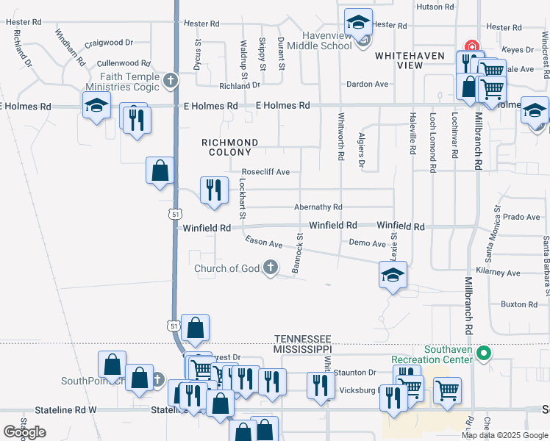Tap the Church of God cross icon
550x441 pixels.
tap(271, 268)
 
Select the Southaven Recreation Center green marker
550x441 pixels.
tap(483, 354)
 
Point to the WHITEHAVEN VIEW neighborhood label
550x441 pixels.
tap(399, 60)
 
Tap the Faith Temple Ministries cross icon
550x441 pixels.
tap(171, 79)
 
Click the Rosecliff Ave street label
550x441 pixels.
tap(265, 172)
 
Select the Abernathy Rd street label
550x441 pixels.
tap(318, 208)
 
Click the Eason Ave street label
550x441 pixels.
tap(264, 243)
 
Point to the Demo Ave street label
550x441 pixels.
tap(367, 243)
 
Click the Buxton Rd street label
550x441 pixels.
tap(519, 304)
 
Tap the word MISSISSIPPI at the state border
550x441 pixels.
tap(301, 348)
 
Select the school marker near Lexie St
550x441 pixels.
tap(393, 276)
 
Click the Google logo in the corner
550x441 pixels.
tap(24, 432)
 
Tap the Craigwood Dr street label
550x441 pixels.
tap(108, 44)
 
